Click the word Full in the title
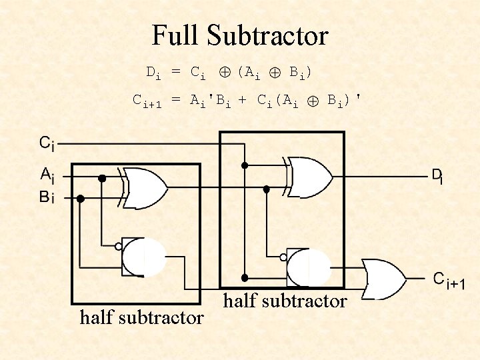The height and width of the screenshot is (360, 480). coord(175,35)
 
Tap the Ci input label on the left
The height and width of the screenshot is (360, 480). coord(47,143)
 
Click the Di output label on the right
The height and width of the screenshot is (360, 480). coord(437,176)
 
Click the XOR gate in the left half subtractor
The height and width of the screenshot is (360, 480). coord(145,189)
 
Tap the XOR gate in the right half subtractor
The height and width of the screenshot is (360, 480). coord(309,177)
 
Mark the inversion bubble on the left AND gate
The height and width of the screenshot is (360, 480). coord(118,246)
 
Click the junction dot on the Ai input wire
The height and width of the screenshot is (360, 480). coord(102,179)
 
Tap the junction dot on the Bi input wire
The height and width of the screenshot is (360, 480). coord(81,198)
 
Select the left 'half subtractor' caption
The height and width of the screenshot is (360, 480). coord(141,317)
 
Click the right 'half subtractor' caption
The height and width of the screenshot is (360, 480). coord(285,301)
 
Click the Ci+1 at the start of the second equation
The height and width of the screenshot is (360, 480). coord(147,101)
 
